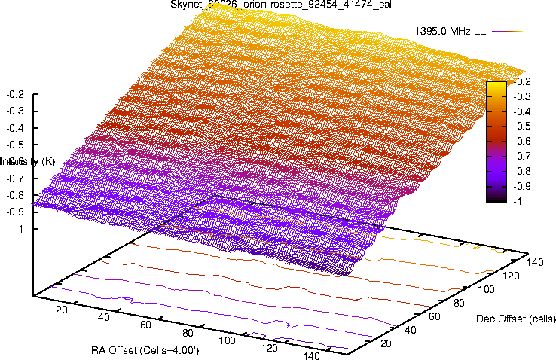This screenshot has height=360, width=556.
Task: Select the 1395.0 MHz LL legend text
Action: [450, 31]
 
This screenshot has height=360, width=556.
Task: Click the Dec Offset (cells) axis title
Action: [516, 319]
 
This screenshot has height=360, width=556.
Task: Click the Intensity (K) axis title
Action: [28, 161]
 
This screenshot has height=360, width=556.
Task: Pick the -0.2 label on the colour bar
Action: [520, 81]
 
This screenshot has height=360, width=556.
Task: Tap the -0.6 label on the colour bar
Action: [520, 141]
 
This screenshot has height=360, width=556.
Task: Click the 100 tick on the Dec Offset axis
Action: [488, 290]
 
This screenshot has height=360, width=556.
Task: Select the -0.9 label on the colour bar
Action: [520, 186]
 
